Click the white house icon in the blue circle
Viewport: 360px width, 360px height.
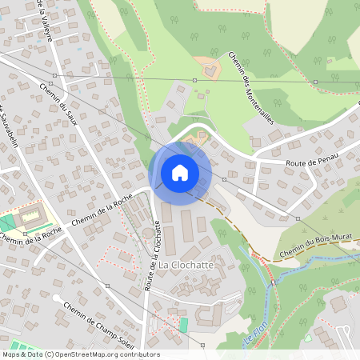(x=180, y=172)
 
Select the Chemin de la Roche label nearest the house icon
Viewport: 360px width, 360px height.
(x=102, y=212)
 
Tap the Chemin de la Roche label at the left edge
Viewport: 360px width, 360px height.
(x=30, y=236)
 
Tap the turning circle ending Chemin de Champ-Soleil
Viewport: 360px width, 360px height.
(x=57, y=298)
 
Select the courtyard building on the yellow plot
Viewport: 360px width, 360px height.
(x=32, y=214)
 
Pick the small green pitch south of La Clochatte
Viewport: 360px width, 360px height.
(x=184, y=325)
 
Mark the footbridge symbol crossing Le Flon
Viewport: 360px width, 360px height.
(x=272, y=282)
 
